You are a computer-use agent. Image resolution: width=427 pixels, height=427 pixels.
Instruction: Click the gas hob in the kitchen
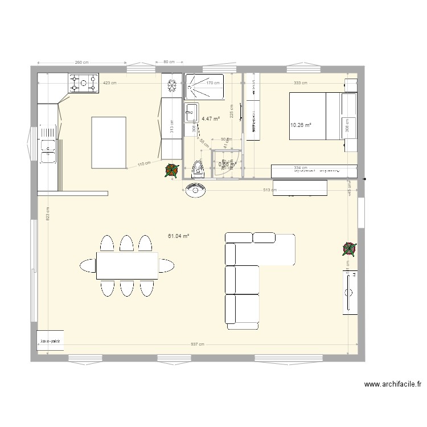[x=84, y=84]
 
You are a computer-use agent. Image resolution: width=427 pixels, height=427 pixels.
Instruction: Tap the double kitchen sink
[x=47, y=149]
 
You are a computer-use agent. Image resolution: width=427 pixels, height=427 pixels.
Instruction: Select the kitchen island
[x=109, y=142]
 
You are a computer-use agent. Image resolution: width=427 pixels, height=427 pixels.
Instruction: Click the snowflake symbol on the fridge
[x=171, y=86]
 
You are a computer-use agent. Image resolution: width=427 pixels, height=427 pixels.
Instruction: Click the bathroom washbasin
[x=191, y=113]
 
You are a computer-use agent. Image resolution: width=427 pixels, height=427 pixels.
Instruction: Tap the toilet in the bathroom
[x=198, y=168]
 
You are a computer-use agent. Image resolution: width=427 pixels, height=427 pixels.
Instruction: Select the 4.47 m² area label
[x=211, y=119]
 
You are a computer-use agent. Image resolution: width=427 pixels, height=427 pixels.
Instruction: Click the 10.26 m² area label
[x=301, y=125]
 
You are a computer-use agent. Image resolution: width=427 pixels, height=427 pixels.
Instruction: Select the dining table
[x=127, y=265]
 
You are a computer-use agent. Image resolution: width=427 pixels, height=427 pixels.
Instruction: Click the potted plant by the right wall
[x=350, y=248]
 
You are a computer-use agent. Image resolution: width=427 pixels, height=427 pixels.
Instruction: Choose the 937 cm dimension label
[x=197, y=344]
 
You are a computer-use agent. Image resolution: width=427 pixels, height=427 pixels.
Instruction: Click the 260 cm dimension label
[x=81, y=62]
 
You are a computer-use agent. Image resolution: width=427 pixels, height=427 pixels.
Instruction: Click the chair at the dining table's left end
[x=88, y=265]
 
